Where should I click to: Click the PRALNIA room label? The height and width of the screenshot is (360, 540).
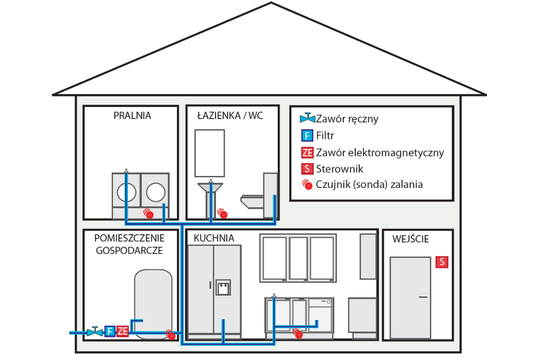point(132,116)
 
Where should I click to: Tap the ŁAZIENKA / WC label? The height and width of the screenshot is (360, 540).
point(230,116)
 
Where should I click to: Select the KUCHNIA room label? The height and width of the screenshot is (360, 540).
point(214,238)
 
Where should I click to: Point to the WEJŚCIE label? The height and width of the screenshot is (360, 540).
point(410,239)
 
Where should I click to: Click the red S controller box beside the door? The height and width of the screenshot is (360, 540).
point(442,262)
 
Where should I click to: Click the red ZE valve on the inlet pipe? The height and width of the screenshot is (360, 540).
point(122,331)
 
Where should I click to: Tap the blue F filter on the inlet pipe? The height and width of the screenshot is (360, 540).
point(110,331)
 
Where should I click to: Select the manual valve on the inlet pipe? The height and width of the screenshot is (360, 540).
point(94,332)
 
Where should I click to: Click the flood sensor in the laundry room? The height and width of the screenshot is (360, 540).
point(148,213)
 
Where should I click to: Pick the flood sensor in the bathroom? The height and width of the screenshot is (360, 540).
point(222,213)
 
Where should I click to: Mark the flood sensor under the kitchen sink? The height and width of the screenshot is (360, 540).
point(298,333)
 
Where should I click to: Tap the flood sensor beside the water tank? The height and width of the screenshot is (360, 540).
point(171,334)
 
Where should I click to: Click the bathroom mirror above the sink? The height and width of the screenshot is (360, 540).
point(210,153)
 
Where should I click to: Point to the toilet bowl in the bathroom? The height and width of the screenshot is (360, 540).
point(252,201)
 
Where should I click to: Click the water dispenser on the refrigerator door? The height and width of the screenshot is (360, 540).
point(223,288)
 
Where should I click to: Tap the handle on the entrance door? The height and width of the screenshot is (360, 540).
point(423,297)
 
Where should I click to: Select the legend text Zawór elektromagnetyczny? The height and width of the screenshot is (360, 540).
point(380,152)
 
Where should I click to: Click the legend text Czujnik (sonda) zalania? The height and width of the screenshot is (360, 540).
point(369,185)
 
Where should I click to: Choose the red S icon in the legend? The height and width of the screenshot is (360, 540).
point(307,169)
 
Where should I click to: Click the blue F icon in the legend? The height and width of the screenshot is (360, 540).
point(307,135)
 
